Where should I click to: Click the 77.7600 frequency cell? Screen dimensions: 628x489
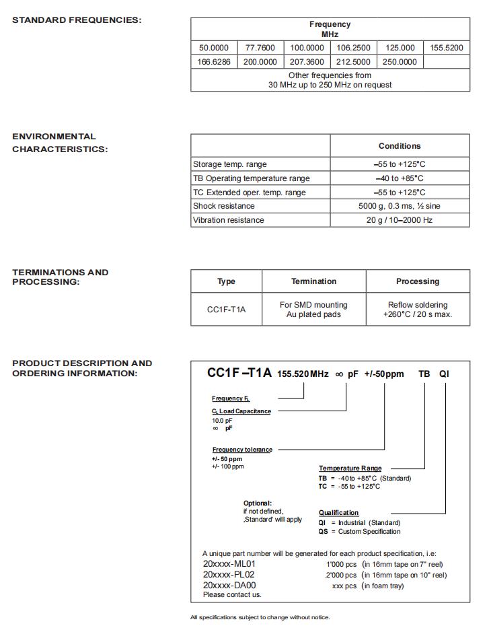260,48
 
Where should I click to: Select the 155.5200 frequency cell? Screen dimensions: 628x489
447,48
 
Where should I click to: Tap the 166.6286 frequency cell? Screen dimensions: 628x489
214,62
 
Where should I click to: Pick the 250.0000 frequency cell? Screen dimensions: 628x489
400,62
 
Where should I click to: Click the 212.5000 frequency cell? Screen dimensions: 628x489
353,62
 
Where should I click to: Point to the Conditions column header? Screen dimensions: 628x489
400,146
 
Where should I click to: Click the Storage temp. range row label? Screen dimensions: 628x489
230,164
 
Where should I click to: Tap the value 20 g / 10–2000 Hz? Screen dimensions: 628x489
400,220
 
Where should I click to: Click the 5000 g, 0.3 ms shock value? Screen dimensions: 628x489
400,206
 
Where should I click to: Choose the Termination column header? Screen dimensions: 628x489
313,281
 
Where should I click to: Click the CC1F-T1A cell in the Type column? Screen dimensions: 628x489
226,310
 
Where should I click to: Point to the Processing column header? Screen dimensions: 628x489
418,281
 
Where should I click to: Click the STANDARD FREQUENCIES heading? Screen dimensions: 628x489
77,20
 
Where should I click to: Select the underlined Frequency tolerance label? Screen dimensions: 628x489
242,450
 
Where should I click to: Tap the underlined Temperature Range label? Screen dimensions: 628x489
350,468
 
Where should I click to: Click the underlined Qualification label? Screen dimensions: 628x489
338,513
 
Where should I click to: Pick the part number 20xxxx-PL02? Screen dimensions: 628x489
229,575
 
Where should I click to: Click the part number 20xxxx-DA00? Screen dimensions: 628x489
229,586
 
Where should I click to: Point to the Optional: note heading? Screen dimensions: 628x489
258,503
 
